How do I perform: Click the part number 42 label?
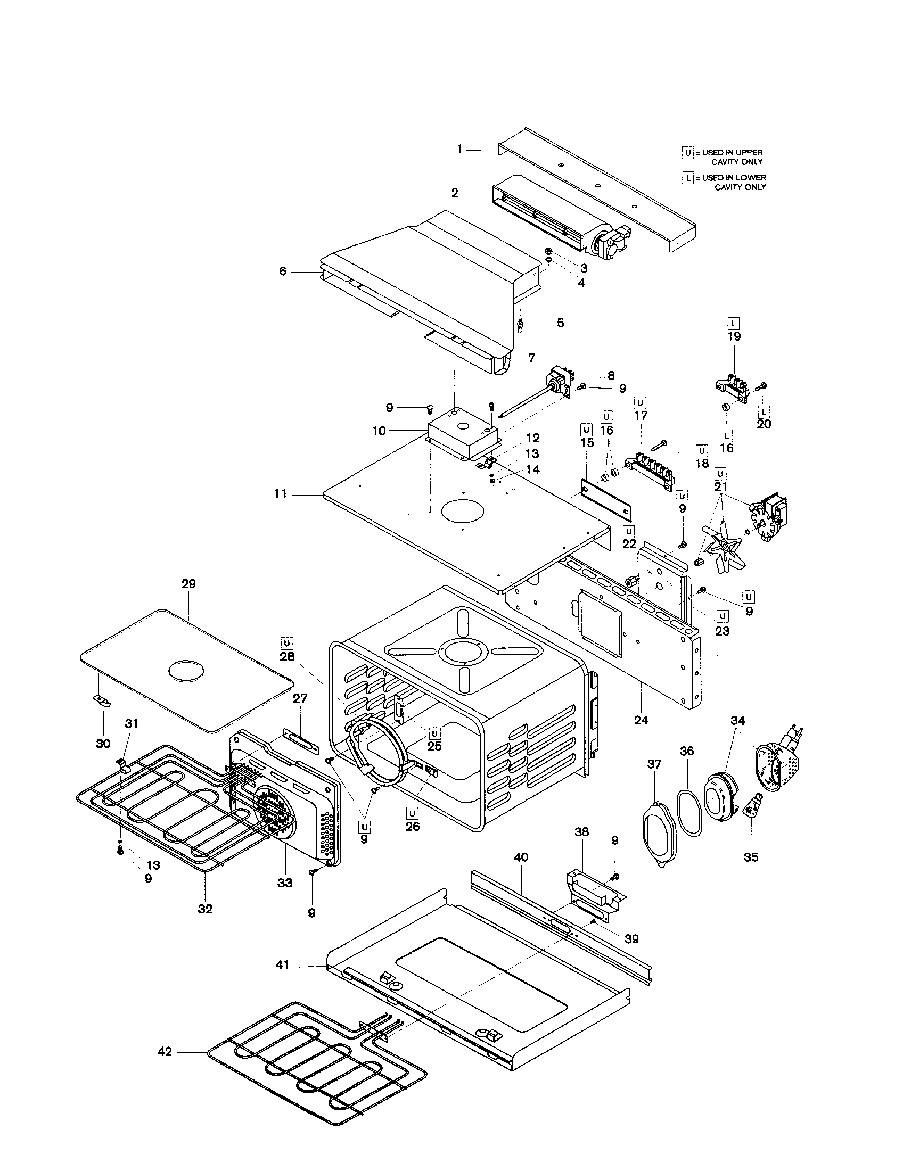coord(165,1052)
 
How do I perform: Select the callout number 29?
coord(189,584)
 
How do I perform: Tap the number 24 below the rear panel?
coord(641,720)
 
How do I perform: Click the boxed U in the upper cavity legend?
coord(688,153)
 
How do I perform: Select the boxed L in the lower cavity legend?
coord(688,177)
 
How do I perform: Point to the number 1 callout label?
coord(459,149)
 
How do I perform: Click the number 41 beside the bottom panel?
coord(283,965)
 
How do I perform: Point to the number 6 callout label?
coord(283,271)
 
